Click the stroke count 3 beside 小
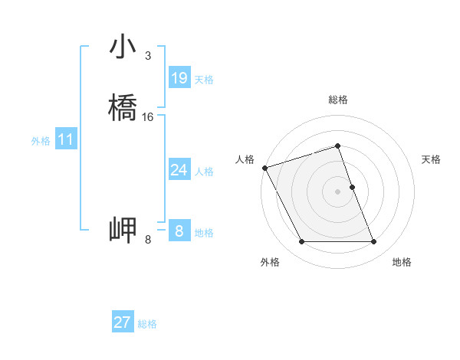147,56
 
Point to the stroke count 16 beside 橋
148,117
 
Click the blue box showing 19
179,78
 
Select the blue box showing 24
179,170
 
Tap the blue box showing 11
66,139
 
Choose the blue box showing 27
123,322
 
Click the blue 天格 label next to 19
204,80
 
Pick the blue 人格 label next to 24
204,172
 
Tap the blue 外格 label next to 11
41,141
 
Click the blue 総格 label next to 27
147,324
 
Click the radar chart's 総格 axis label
338,100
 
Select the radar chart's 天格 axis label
432,159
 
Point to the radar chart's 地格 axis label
402,262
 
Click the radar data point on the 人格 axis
264,168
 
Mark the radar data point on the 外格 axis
301,242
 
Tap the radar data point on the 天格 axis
352,187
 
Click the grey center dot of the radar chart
338,191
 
